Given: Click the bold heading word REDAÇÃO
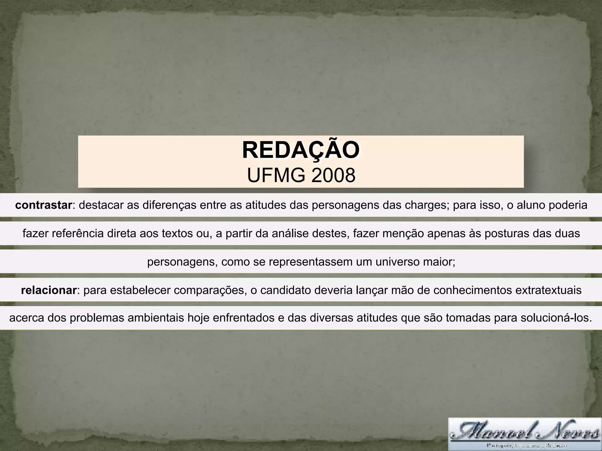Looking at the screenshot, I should point(301,150).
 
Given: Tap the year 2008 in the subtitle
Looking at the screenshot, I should point(333,176).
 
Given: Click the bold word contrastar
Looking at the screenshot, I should point(44,205).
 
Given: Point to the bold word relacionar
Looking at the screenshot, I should point(49,290).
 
